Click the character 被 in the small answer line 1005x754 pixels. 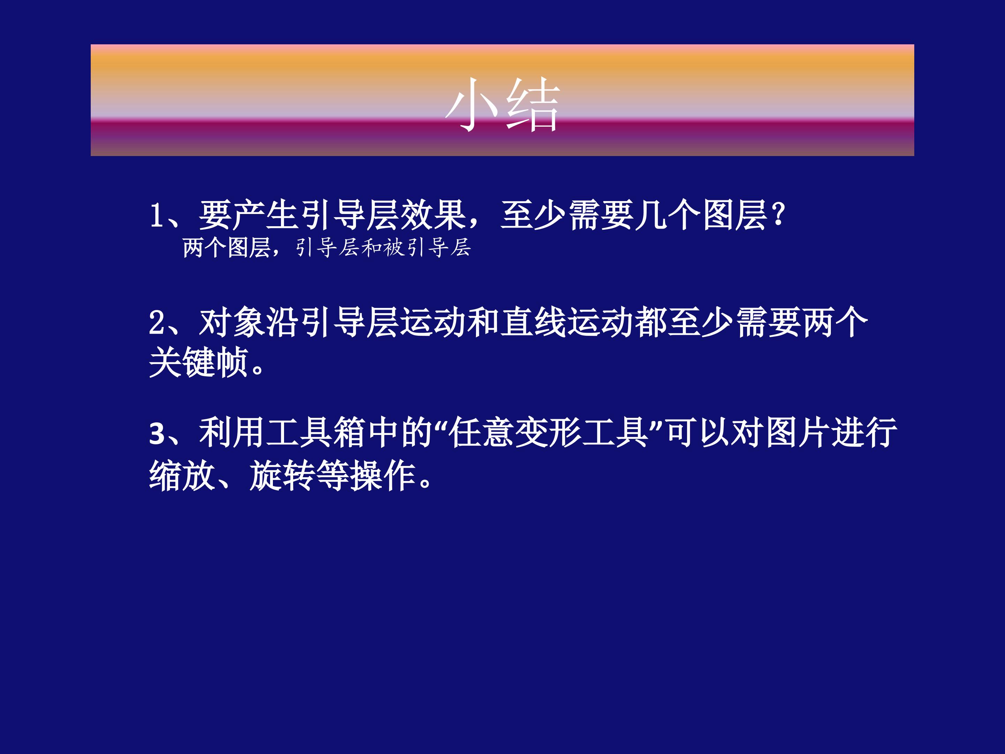coord(394,248)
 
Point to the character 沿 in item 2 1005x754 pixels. coord(283,323)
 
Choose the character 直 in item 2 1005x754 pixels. coord(517,323)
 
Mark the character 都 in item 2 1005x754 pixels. coord(651,323)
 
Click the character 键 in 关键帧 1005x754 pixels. coord(199,363)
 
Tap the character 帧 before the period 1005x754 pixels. coord(232,363)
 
